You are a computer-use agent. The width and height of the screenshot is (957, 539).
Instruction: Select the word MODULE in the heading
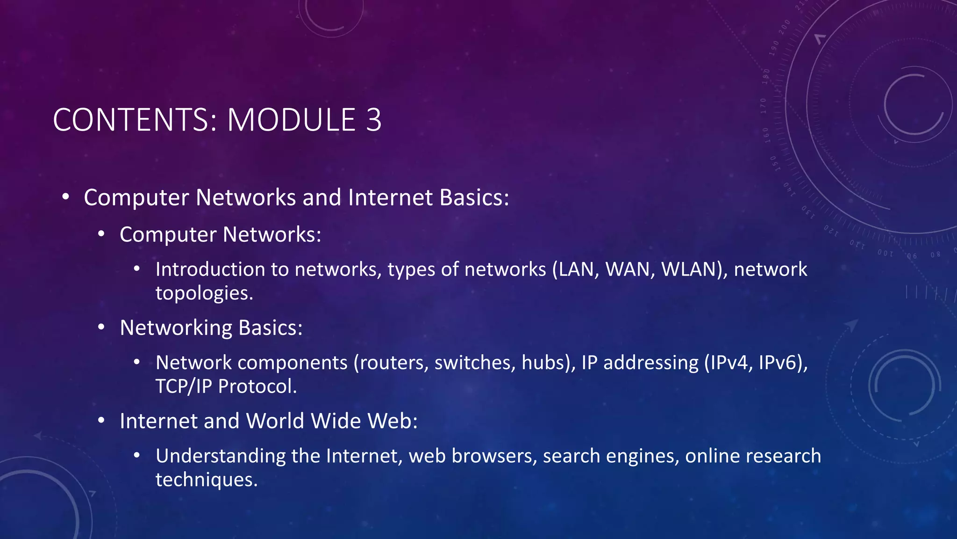coord(291,120)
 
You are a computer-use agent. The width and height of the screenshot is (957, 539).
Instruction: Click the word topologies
coord(204,294)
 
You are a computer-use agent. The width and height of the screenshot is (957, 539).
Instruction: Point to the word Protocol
coord(257,386)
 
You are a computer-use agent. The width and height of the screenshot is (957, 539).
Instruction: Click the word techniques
coord(206,480)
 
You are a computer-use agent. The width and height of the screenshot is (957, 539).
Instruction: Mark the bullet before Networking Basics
coord(101,328)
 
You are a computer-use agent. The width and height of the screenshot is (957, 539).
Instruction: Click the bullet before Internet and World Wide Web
coord(101,421)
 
